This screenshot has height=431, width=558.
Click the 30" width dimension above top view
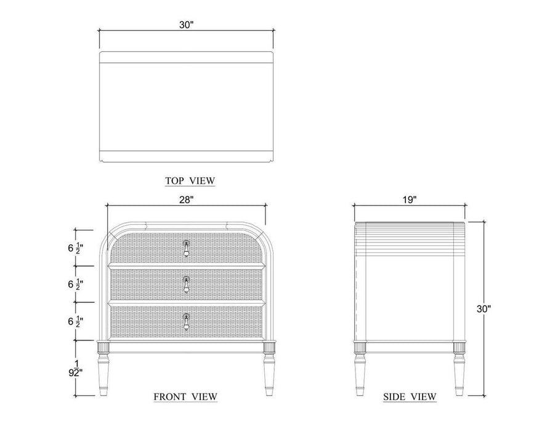click(x=186, y=25)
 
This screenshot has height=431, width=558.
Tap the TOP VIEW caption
click(x=190, y=181)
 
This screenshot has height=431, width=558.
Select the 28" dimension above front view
click(x=186, y=199)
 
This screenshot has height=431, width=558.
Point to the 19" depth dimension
click(x=410, y=199)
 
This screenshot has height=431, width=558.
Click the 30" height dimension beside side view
click(x=483, y=309)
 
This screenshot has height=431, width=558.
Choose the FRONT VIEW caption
click(x=185, y=396)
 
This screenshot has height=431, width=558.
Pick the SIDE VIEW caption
click(x=410, y=396)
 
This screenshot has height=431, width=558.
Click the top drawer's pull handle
click(x=186, y=248)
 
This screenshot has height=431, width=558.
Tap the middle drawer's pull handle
click(x=186, y=284)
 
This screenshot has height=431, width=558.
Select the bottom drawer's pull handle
click(x=186, y=322)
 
